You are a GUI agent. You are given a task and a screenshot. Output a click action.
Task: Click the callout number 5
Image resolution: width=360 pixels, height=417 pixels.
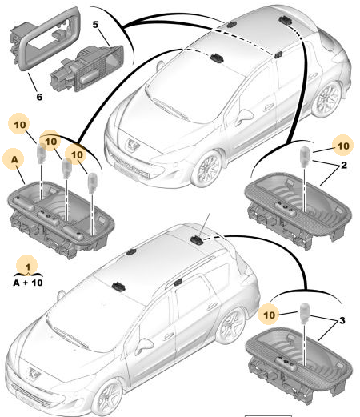pyautogui.click(x=95, y=25)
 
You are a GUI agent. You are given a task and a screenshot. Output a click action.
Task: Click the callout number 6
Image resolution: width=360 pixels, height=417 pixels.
pyautogui.click(x=39, y=97)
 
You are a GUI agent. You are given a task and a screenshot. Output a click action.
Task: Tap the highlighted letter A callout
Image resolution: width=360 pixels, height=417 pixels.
pyautogui.click(x=14, y=159)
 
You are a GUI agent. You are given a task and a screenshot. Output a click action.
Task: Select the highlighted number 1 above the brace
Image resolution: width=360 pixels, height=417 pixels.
pyautogui.click(x=28, y=267)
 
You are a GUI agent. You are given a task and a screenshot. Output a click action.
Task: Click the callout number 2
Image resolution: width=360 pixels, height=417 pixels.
pyautogui.click(x=344, y=165)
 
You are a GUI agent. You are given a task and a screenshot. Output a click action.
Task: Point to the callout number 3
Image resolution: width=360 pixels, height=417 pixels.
pyautogui.click(x=342, y=320)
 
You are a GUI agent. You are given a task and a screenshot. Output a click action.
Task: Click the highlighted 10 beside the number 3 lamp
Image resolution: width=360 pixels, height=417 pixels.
pyautogui.click(x=269, y=315)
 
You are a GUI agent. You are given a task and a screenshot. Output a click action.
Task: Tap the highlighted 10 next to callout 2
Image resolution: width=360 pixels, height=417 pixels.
pyautogui.click(x=343, y=146)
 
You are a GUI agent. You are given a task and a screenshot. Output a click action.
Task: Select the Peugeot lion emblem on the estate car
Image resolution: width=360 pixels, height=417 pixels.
pyautogui.click(x=34, y=373)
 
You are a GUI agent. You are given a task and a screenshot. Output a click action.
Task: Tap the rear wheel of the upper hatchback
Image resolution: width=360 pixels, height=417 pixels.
pyautogui.click(x=327, y=98)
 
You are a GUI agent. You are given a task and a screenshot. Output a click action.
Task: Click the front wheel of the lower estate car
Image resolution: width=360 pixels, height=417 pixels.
pyautogui.click(x=108, y=398)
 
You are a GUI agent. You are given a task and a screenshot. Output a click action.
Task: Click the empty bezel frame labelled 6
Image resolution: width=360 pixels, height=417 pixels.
pyautogui.click(x=46, y=38)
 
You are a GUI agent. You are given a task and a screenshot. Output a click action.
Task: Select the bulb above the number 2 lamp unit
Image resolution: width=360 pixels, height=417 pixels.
pyautogui.click(x=304, y=157)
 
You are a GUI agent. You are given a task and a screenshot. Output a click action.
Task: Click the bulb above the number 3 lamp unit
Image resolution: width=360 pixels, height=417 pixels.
pyautogui.click(x=305, y=313)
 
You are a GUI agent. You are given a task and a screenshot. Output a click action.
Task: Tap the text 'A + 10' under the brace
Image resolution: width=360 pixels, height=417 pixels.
pyautogui.click(x=28, y=283)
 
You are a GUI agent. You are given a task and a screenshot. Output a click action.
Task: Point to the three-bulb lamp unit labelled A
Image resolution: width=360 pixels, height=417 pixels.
pyautogui.click(x=61, y=219)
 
